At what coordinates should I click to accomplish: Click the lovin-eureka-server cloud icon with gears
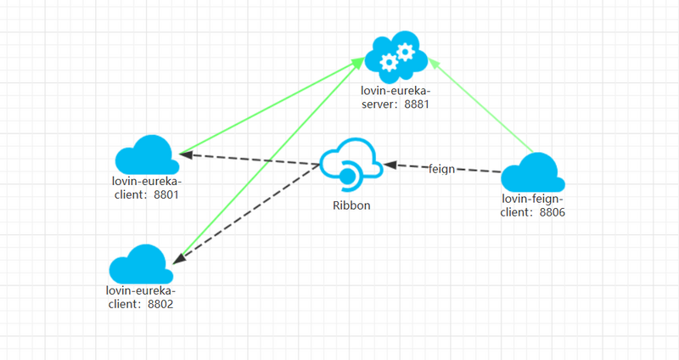396,57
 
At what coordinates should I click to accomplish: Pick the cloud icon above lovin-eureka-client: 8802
141,264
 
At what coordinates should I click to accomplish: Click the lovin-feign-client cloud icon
533,174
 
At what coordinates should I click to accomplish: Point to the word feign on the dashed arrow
441,168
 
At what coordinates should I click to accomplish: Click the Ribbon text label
351,205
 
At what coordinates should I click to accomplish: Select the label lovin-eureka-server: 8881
397,98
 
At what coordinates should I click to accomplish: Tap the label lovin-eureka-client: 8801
146,188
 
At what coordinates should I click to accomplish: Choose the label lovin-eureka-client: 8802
141,296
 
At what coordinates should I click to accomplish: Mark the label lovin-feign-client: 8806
533,206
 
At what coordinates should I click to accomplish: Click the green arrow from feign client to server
480,104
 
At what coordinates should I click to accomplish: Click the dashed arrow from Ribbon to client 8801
250,160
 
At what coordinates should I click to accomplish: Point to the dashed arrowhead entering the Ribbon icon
389,164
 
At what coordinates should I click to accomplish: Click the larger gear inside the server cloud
406,53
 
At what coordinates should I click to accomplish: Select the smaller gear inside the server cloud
390,61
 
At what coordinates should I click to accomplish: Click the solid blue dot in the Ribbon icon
346,177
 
